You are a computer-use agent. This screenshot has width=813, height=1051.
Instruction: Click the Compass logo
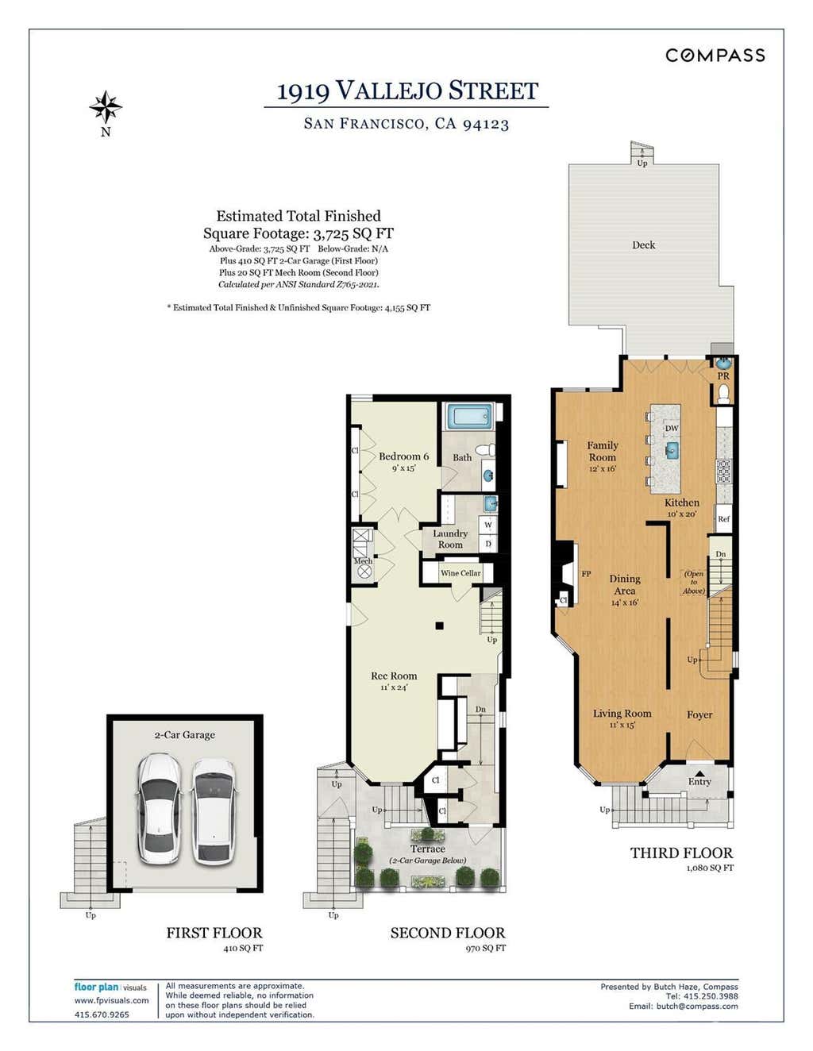(x=715, y=55)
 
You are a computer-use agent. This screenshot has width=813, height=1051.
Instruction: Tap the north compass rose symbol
(x=106, y=106)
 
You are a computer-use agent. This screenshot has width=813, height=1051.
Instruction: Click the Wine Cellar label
(x=460, y=572)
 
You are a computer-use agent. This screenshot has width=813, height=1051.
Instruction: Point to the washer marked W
(x=488, y=525)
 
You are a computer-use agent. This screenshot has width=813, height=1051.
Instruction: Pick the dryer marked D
(x=488, y=543)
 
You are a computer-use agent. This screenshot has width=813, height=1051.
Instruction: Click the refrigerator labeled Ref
(x=723, y=518)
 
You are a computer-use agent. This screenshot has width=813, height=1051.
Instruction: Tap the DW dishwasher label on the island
(x=672, y=428)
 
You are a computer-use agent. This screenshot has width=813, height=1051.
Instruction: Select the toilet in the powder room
(x=723, y=394)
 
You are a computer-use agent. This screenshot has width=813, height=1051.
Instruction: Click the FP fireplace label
(x=586, y=574)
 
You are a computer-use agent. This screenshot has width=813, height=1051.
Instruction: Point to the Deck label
(x=644, y=244)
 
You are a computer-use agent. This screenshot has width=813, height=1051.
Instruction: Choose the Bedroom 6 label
(x=403, y=456)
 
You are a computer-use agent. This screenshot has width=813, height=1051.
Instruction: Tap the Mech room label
(x=363, y=561)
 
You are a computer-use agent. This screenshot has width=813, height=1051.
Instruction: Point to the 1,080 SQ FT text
(x=710, y=868)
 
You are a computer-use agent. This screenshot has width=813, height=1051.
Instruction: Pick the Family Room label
(x=602, y=451)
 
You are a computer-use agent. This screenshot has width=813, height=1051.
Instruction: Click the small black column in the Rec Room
(x=439, y=626)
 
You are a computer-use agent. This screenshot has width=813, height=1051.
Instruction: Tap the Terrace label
(x=427, y=849)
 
